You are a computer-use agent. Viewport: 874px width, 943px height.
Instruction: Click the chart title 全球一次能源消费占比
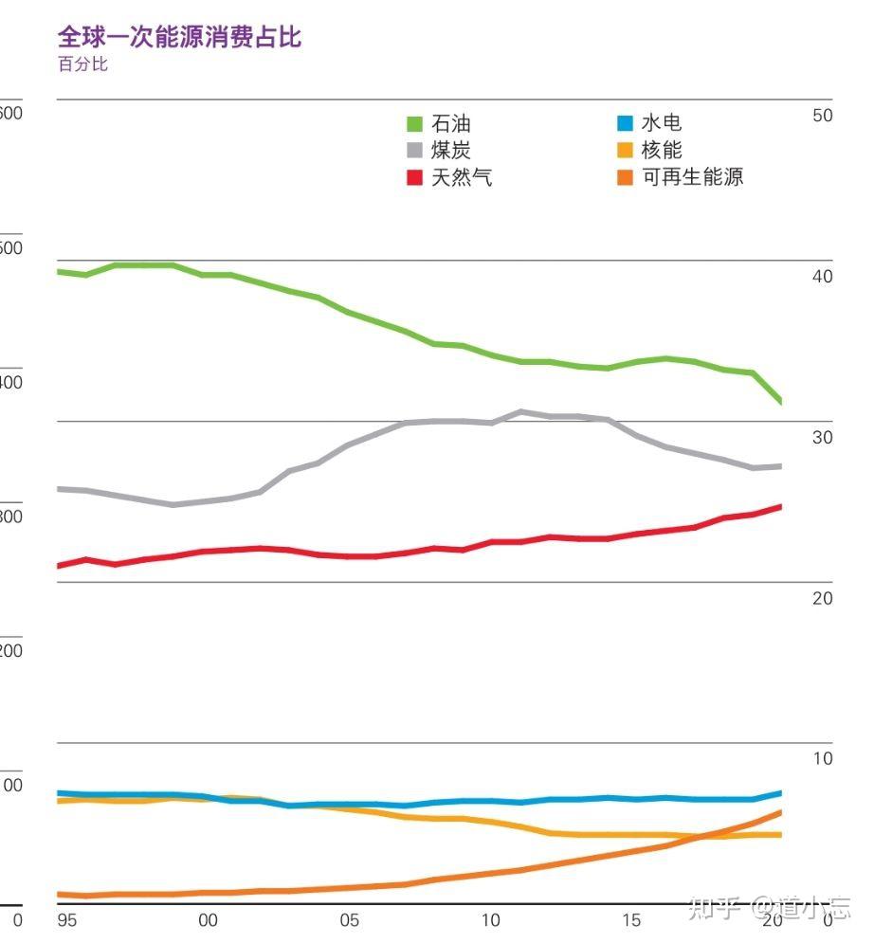tap(179, 37)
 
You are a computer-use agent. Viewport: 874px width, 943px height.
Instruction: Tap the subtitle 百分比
tap(83, 64)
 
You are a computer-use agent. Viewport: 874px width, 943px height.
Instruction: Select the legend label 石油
tap(450, 123)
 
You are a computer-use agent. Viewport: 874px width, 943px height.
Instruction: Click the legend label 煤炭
tap(450, 150)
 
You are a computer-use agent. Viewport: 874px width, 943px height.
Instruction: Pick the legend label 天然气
tap(462, 176)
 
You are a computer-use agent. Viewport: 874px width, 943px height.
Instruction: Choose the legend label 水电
tap(661, 122)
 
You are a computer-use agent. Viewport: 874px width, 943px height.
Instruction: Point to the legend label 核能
tap(661, 150)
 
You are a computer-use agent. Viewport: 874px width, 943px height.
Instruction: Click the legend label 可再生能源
tap(692, 176)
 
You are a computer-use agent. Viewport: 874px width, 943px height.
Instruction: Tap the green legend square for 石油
tap(414, 124)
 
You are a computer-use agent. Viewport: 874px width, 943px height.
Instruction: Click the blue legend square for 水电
tap(624, 123)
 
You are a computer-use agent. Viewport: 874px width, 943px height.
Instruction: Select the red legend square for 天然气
tap(414, 177)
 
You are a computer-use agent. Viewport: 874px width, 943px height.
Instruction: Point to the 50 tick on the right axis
tap(823, 115)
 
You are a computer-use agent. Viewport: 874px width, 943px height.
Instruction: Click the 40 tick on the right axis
tap(823, 276)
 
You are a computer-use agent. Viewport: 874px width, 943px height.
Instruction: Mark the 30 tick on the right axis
tap(823, 437)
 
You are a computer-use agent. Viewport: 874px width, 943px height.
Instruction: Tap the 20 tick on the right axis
tap(823, 598)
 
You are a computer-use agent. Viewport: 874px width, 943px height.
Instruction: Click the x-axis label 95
tap(65, 920)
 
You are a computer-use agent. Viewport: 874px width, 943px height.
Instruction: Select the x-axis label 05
tap(349, 920)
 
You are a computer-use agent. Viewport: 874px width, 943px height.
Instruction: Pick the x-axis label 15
tap(631, 920)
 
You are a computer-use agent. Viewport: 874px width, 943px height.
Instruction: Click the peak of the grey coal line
tap(520, 411)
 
